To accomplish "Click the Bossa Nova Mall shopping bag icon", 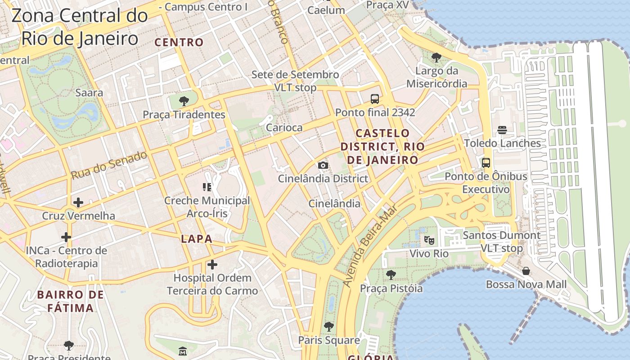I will point(526,271).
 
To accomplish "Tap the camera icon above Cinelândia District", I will point(323,165).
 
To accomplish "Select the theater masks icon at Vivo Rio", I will point(429,240).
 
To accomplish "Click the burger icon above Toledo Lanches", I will point(502,130).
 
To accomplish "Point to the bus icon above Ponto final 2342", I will point(374,99).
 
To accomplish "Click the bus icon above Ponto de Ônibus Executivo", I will point(486,163).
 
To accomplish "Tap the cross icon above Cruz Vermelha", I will point(78,202).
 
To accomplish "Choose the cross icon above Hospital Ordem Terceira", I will point(212,265).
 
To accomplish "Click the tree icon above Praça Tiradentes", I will point(184,101).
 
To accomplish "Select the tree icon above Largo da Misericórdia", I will point(436,57).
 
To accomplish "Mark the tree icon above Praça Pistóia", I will point(391,274).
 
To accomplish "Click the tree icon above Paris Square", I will point(329,326).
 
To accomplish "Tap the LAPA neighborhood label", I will point(197,239).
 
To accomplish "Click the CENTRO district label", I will point(179,43).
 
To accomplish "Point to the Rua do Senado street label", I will point(109,165).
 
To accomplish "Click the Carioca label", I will point(284,128).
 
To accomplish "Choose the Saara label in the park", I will point(89,93).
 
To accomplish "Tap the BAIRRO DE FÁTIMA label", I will point(71,301).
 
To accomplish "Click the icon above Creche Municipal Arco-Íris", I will point(207,187).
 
